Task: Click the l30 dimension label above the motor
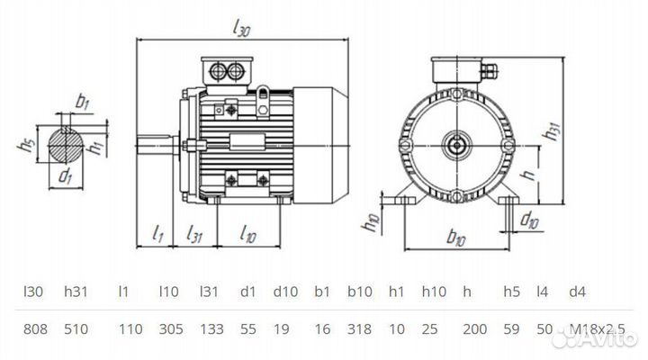point(240,30)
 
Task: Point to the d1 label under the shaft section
point(66,175)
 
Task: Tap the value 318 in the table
point(358,330)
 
